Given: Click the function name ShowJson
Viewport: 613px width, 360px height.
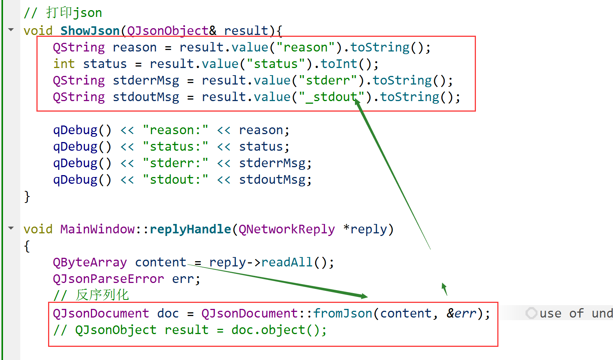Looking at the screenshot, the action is click(90, 30).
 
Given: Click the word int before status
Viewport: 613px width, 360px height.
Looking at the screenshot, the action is click(64, 64).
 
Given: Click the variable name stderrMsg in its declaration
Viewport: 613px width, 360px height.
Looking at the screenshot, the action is click(146, 80).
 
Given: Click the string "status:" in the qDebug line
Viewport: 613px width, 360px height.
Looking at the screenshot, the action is click(175, 147).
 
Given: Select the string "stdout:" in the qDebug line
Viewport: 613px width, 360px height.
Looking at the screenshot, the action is click(175, 180).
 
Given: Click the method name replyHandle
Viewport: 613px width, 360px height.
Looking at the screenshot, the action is click(190, 229).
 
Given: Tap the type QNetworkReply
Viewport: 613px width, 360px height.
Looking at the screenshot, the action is click(287, 229).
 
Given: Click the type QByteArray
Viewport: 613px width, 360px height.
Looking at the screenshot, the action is click(90, 262).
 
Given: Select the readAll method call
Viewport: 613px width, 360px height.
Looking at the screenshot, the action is click(287, 262).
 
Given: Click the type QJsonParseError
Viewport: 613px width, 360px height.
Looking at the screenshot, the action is click(108, 279).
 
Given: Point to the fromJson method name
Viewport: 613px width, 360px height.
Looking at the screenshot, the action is click(343, 313).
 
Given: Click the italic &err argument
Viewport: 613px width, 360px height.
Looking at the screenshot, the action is click(461, 313).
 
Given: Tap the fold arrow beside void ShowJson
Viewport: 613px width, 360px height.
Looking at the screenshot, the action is click(11, 29).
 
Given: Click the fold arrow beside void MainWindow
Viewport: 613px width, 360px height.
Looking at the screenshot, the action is click(11, 228).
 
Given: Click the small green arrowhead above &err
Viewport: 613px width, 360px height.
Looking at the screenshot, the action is click(444, 288).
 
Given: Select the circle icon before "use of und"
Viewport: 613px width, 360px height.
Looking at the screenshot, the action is click(531, 313).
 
